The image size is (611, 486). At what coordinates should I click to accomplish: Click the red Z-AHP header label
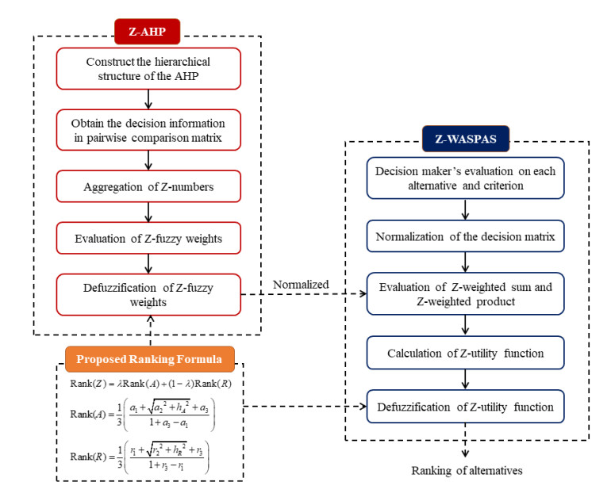[x=147, y=33]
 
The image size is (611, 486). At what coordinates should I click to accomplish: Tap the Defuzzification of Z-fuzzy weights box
[x=148, y=294]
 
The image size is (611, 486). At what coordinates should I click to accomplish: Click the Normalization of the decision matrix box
[x=466, y=237]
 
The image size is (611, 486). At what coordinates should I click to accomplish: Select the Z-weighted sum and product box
[x=466, y=294]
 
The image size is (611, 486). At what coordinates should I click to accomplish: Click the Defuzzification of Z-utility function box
[x=466, y=408]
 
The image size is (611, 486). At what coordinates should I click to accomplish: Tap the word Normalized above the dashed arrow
[x=300, y=283]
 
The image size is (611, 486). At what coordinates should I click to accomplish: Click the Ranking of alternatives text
[x=466, y=470]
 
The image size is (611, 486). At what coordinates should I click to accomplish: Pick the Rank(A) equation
[x=140, y=416]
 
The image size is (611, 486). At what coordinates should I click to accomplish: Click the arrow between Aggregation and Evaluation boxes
[x=148, y=212]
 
